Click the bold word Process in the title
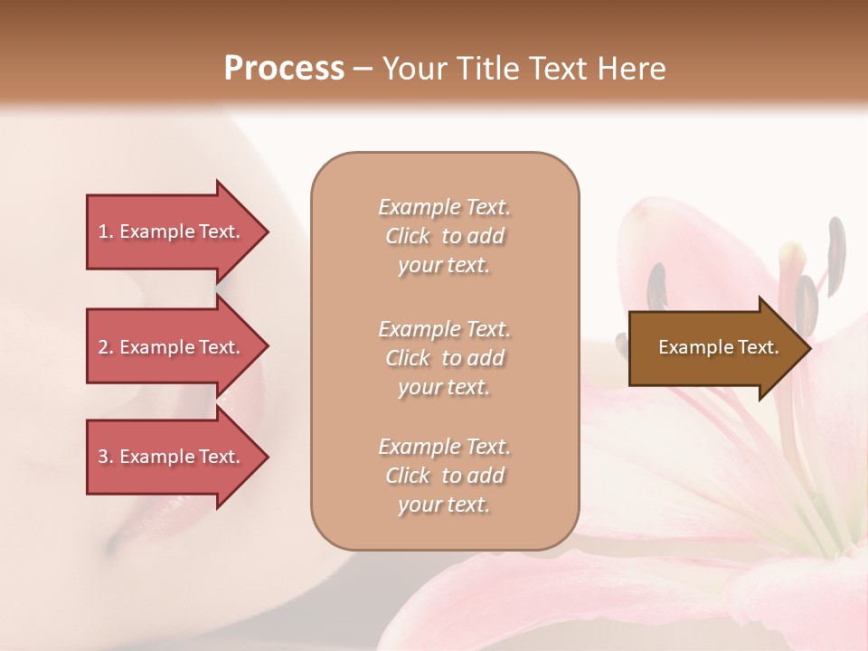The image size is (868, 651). [x=284, y=69]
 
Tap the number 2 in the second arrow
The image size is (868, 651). [x=103, y=347]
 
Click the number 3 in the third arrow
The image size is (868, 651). [x=103, y=457]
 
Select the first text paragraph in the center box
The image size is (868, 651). [x=444, y=236]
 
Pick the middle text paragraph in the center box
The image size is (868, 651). [x=444, y=358]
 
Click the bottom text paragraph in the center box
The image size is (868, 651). [x=444, y=476]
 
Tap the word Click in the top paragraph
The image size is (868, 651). [x=408, y=236]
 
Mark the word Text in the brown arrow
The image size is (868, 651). [x=760, y=347]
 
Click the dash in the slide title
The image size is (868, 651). [x=363, y=69]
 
